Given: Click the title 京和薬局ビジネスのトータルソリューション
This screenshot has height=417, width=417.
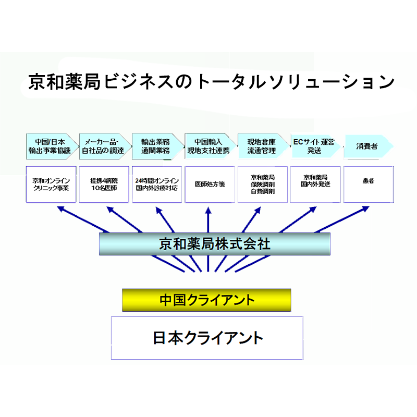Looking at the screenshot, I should tap(211, 82).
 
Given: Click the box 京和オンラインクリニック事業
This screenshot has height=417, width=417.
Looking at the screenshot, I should tap(51, 184).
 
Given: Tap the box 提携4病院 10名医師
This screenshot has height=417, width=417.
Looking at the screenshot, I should tap(104, 184).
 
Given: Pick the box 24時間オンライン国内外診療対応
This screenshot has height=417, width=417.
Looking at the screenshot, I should tap(156, 184).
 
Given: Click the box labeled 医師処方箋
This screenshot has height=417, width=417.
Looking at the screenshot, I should tap(210, 184).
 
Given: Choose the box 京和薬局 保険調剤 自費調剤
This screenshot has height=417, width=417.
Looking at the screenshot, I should tap(263, 184).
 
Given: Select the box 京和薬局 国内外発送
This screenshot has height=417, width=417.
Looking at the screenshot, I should tap(315, 184).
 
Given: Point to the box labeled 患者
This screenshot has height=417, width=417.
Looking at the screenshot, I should tap(369, 184).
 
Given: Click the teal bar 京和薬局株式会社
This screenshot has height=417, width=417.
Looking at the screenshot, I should tap(215, 243).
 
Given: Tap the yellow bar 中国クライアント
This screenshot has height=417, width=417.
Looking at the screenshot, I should tap(206, 300).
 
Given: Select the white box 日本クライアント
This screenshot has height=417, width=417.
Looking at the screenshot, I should tap(207, 338).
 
